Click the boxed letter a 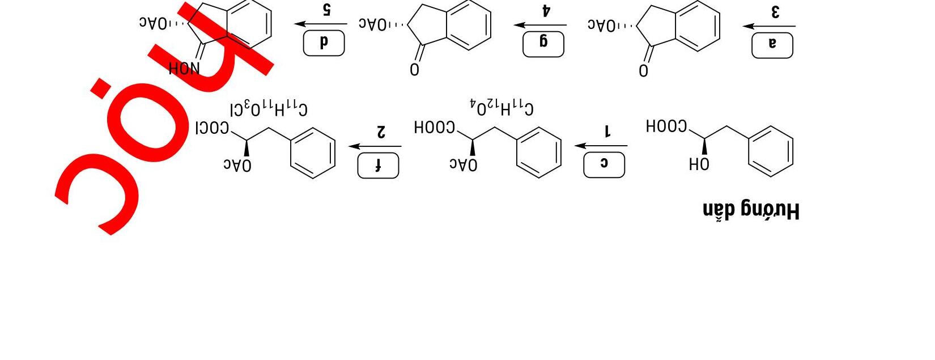point(772,45)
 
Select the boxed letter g point(543,44)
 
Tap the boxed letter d point(324,43)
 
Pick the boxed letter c point(604,165)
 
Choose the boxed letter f point(378,166)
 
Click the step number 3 point(775,12)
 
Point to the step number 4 point(546,11)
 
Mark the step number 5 point(326,10)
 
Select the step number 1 point(607,131)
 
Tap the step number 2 point(381,132)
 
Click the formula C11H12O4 point(501,106)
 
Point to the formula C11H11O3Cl point(269,108)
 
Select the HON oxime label point(184,69)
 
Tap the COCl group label point(212,128)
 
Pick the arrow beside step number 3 point(769,26)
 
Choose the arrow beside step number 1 point(601,146)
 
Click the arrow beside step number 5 point(321,24)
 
